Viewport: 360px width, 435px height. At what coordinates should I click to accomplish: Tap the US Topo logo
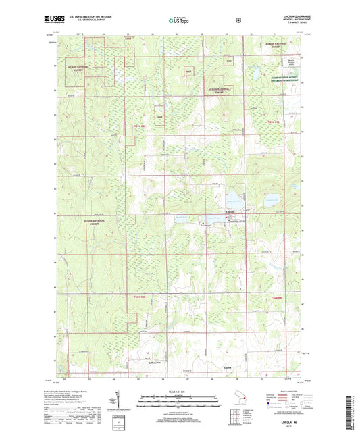pos(180,20)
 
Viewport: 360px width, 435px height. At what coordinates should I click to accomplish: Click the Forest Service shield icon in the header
pos(238,20)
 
